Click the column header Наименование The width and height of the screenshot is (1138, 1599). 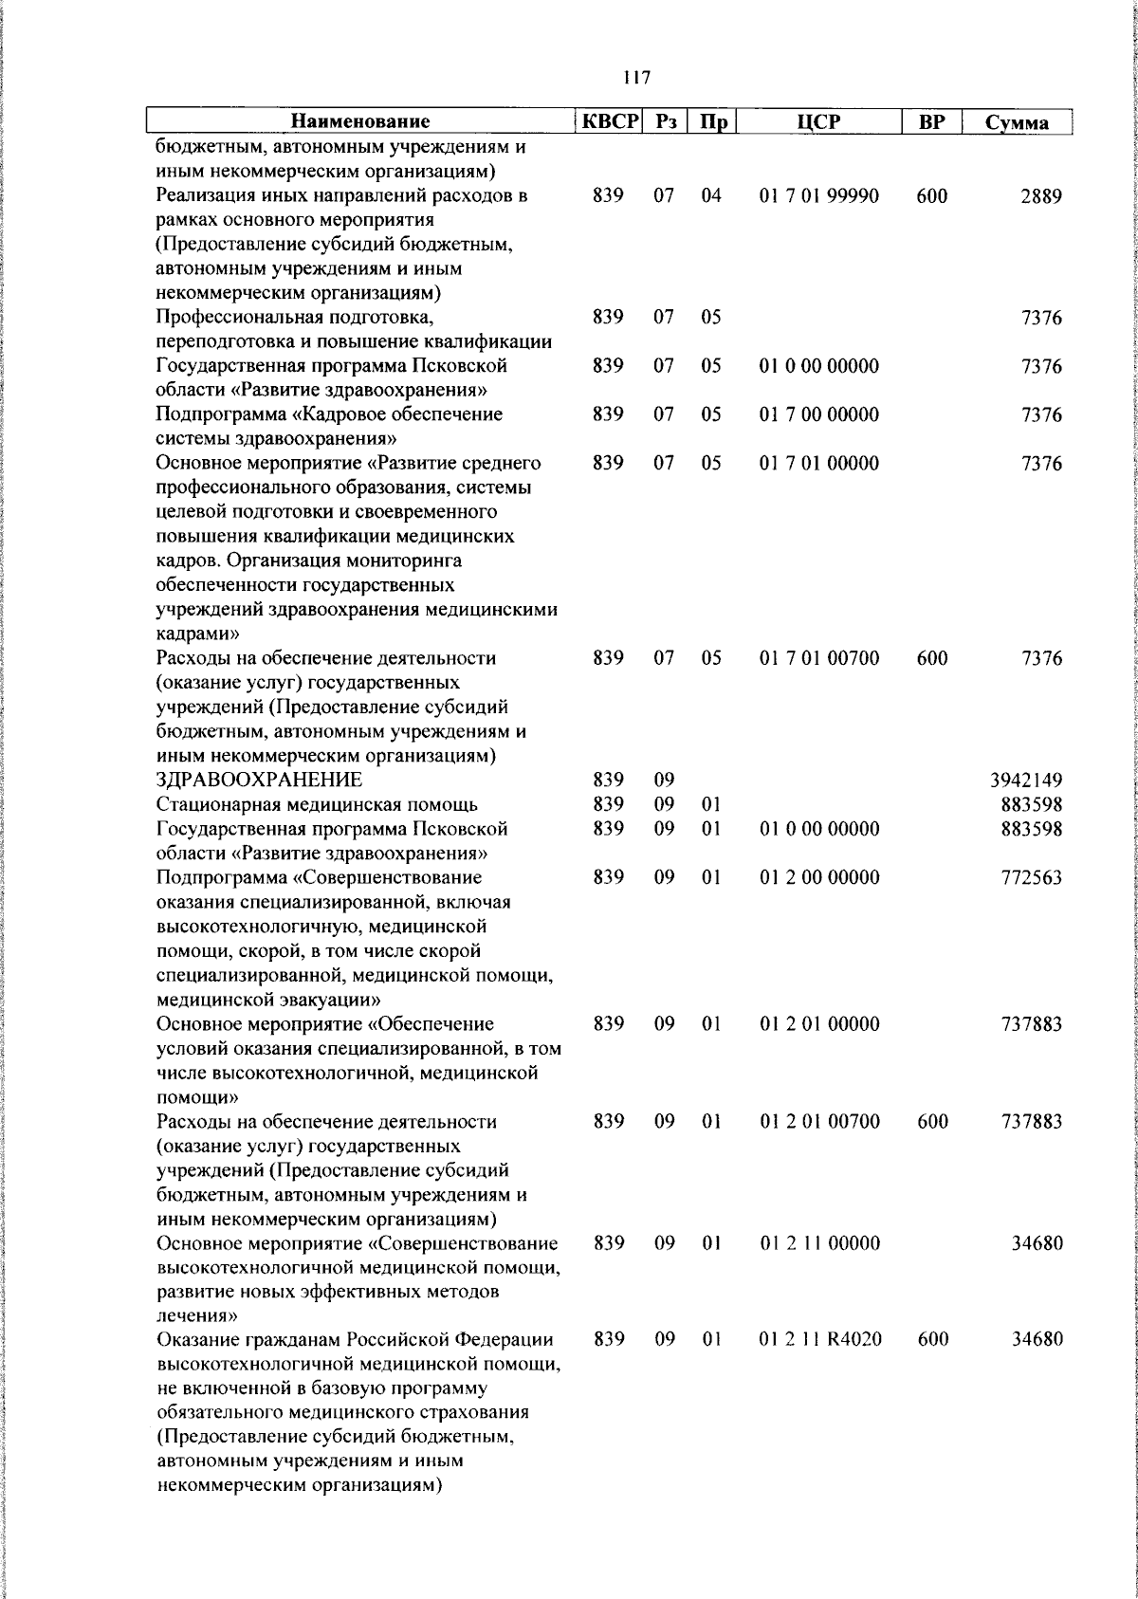point(360,121)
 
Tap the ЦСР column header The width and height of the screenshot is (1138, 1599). point(819,121)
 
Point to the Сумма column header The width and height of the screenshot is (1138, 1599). point(1017,122)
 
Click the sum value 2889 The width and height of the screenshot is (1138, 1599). point(1041,196)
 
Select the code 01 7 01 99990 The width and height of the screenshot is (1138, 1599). point(819,196)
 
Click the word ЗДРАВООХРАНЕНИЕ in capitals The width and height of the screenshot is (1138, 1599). point(259,781)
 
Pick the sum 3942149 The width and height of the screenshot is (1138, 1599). point(1025,781)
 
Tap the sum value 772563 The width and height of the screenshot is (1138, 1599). point(1031,878)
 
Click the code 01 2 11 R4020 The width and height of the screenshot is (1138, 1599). point(820,1339)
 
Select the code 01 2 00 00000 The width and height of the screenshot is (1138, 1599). point(819,877)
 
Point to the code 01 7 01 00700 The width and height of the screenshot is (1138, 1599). point(819,658)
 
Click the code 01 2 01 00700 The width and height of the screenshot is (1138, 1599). point(819,1122)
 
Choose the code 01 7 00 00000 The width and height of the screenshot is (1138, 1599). point(819,414)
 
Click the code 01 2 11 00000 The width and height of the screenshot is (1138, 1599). point(819,1243)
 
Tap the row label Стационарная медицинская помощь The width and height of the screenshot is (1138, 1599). point(317,805)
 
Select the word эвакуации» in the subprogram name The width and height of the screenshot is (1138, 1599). point(335,1000)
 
